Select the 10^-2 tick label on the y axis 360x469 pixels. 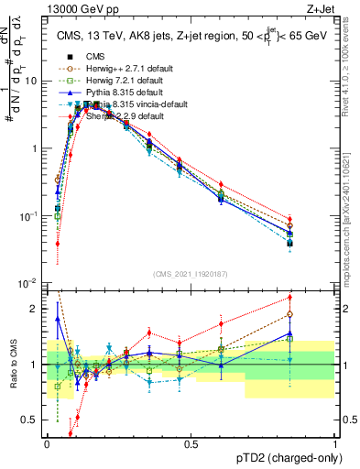pos(27,284)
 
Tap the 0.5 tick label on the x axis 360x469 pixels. pos(191,444)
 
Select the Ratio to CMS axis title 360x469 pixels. pos(12,365)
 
